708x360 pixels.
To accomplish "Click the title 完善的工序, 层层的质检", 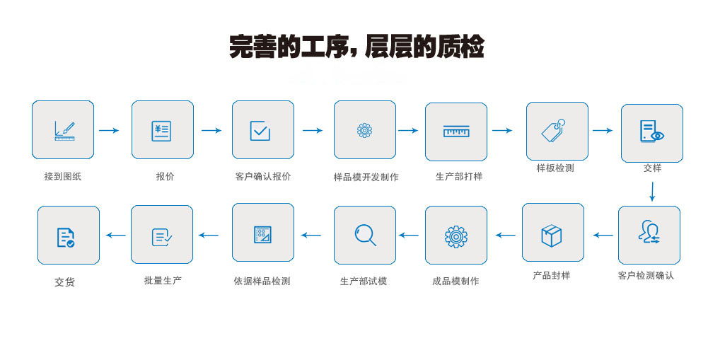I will coord(356,47).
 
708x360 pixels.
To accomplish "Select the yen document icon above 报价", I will coord(161,131).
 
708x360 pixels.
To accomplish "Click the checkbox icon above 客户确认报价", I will coord(260,131).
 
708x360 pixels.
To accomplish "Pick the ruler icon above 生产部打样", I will coord(456,132).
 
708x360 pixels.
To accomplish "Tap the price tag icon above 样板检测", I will coord(553,131).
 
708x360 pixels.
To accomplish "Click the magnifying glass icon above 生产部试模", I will coord(365,235).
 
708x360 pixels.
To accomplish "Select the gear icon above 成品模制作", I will coord(456,236).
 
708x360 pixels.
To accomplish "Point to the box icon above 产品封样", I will coord(552,235).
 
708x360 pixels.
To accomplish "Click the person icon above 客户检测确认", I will coord(649,232).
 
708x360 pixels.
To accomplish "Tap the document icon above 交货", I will coord(66,237).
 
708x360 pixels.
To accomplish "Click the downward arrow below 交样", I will coord(652,191).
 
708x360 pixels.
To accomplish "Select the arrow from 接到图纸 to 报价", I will coord(109,130).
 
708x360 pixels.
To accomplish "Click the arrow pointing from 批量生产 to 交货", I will coord(116,235).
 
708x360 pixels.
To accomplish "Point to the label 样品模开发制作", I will coord(366,178).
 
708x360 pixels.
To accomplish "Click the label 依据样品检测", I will coord(262,281).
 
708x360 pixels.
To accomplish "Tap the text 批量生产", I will coord(163,281).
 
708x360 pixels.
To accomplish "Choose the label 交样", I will coord(652,168).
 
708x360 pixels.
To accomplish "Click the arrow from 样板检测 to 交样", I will coord(603,130).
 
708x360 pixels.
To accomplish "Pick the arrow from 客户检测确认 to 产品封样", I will coord(603,235).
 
